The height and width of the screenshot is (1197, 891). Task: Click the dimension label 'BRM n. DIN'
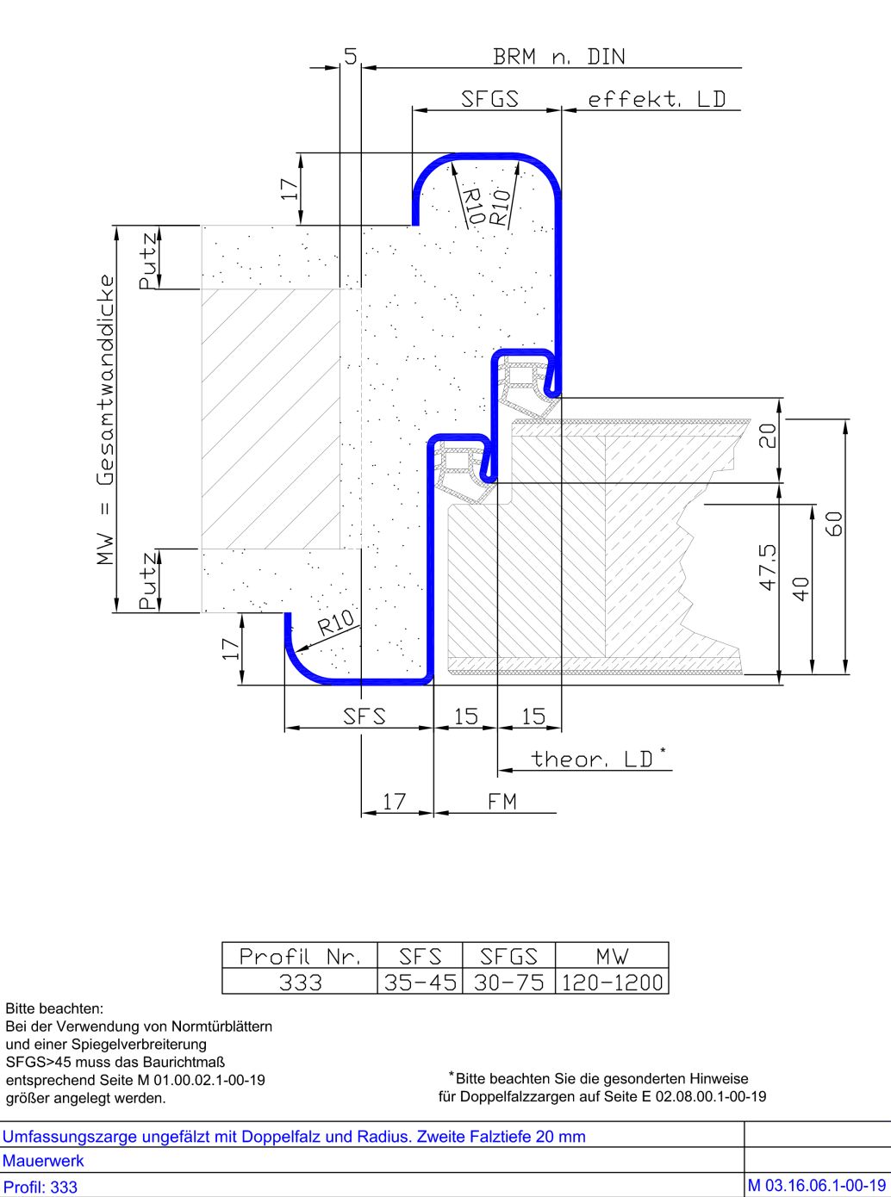pyautogui.click(x=559, y=57)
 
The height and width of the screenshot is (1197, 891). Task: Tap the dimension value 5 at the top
pyautogui.click(x=351, y=56)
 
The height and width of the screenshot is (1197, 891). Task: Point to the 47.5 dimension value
pyautogui.click(x=768, y=567)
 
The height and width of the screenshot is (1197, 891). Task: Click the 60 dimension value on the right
pyautogui.click(x=834, y=524)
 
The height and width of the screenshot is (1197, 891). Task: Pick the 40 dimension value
pyautogui.click(x=801, y=588)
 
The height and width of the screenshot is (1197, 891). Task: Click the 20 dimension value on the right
pyautogui.click(x=768, y=436)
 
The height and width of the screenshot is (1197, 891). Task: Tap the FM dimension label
pyautogui.click(x=502, y=802)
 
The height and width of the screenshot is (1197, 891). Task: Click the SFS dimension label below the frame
pyautogui.click(x=364, y=716)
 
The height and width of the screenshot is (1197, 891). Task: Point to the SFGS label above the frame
pyautogui.click(x=489, y=99)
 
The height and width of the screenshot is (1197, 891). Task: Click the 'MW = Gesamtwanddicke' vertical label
pyautogui.click(x=105, y=420)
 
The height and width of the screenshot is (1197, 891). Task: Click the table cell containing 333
pyautogui.click(x=300, y=983)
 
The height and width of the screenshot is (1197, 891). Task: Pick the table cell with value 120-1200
pyautogui.click(x=613, y=983)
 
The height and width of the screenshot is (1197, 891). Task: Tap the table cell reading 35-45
pyautogui.click(x=421, y=983)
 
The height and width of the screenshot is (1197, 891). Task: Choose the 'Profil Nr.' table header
pyautogui.click(x=300, y=957)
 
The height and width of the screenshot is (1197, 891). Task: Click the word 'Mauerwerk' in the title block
pyautogui.click(x=43, y=1160)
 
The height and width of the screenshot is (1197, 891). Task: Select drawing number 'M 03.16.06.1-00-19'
pyautogui.click(x=817, y=1186)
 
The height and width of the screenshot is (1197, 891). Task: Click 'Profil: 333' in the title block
pyautogui.click(x=40, y=1187)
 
